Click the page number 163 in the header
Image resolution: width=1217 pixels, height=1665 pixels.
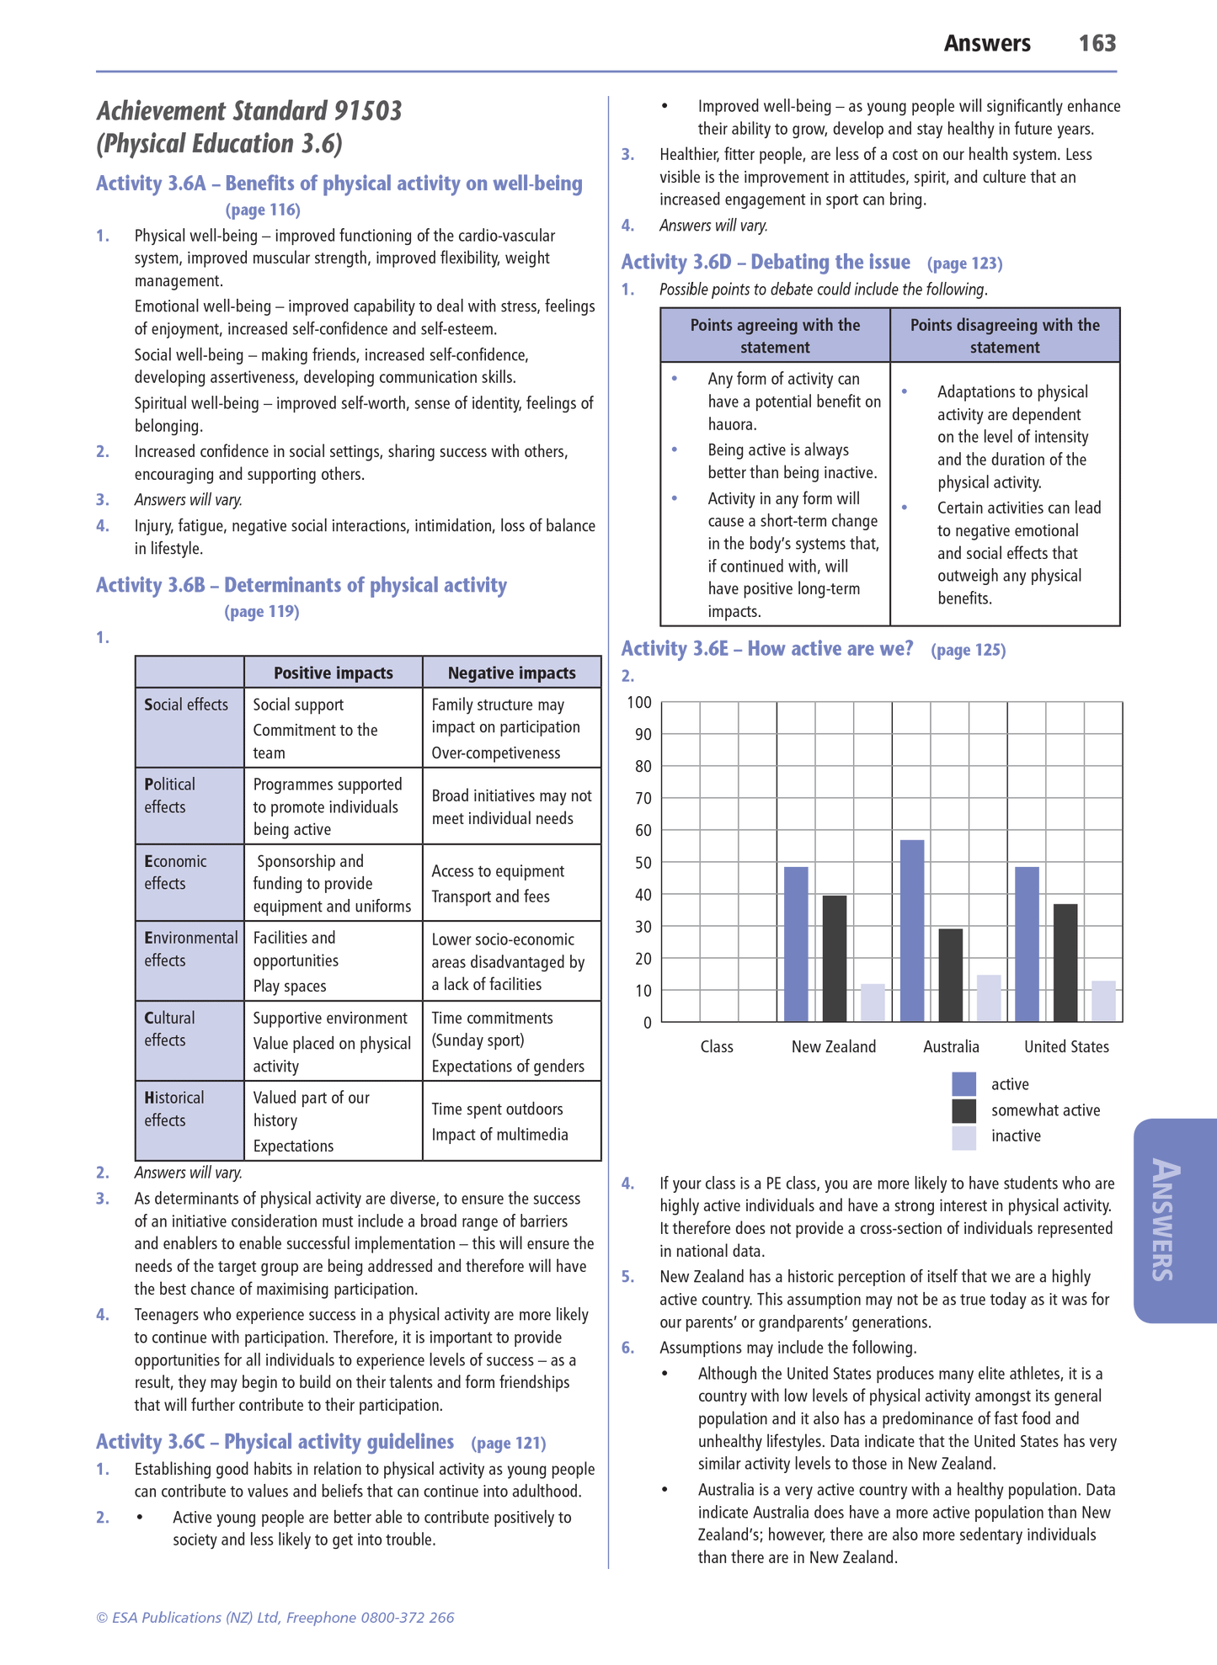[x=1097, y=44]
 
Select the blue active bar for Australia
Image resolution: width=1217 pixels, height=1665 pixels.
[x=912, y=930]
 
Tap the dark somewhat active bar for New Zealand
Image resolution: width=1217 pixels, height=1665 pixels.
[x=835, y=958]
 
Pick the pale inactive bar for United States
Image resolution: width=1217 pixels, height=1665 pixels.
[x=1103, y=1001]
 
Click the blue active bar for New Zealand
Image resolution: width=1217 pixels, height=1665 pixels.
[x=796, y=944]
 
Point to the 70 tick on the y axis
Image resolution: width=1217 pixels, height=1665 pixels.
[x=643, y=798]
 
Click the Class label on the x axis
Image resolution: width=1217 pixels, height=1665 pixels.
[x=717, y=1046]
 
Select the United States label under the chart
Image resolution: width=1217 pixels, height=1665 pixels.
[x=1066, y=1046]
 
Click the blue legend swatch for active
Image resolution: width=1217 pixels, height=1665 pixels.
[x=964, y=1084]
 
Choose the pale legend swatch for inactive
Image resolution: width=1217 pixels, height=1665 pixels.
[x=964, y=1137]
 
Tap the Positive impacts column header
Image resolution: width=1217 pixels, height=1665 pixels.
[x=334, y=673]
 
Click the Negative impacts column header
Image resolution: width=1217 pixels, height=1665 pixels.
[x=511, y=673]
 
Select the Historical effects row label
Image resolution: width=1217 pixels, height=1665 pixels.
[x=174, y=1109]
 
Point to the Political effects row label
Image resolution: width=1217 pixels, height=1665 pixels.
[x=169, y=795]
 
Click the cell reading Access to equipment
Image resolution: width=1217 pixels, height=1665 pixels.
[x=498, y=871]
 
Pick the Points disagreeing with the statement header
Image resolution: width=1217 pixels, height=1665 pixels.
[x=1005, y=336]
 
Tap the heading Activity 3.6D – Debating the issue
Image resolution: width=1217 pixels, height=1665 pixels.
[x=766, y=263]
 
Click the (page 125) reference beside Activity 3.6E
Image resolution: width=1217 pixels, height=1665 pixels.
[x=969, y=650]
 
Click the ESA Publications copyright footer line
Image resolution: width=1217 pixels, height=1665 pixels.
[x=275, y=1617]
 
